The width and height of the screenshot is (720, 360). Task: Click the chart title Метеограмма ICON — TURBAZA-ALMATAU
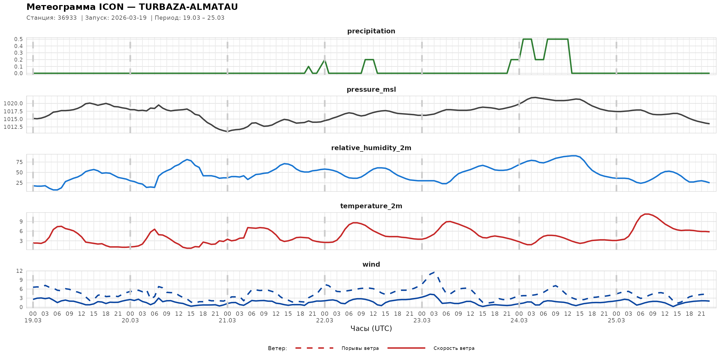132,7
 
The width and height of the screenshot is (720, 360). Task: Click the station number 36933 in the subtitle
67,18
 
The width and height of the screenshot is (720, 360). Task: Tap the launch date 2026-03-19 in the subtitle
129,18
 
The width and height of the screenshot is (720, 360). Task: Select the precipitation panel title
371,31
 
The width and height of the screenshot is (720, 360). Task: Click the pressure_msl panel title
371,89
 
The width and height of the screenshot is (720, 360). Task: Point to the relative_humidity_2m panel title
371,148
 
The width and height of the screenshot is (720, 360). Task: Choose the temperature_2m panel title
371,206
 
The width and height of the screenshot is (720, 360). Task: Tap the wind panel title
371,265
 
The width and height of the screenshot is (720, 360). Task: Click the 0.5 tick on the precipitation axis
18,39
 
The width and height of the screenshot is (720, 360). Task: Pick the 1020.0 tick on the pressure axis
13,104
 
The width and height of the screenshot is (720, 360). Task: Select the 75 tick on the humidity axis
19,162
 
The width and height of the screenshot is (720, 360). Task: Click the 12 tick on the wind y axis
19,271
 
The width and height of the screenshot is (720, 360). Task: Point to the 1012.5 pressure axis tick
13,127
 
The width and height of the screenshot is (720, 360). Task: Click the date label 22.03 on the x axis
325,321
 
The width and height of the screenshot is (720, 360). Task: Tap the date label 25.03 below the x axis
616,321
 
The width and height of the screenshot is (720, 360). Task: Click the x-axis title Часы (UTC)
371,329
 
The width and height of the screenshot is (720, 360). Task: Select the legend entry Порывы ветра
360,348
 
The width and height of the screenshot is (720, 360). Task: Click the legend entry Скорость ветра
454,348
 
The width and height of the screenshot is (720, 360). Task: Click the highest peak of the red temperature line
646,214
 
